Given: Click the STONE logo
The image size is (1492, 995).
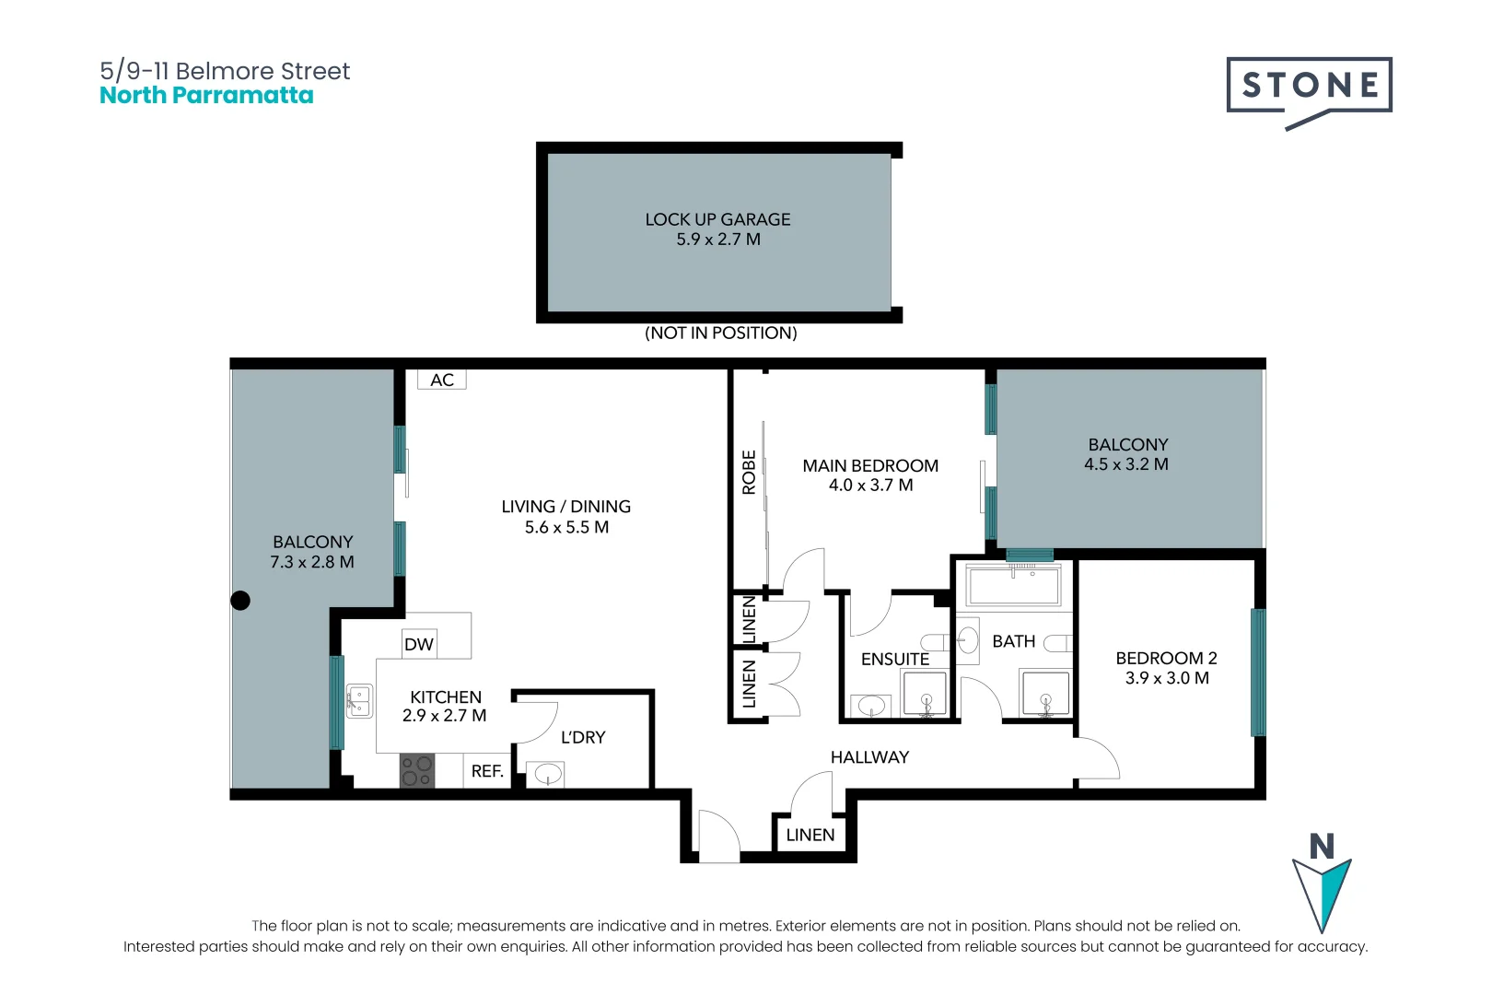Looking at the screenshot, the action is point(1309,93).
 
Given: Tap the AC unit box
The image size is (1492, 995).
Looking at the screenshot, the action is point(441,380).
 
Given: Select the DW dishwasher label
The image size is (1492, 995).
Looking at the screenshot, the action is point(419,644).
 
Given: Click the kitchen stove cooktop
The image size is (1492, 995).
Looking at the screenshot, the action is point(417,771).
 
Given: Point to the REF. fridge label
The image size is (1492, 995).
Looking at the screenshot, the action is point(487,771).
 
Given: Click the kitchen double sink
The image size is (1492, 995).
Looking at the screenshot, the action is point(359,701).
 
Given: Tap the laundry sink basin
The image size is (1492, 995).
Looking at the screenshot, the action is point(546,775).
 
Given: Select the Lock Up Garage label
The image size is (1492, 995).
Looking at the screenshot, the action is point(718,219).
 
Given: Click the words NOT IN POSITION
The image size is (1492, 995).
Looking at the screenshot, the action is point(721,333).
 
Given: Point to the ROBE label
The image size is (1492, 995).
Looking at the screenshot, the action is point(749,472).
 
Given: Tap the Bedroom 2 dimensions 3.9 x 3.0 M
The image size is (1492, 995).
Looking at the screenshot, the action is point(1167,678).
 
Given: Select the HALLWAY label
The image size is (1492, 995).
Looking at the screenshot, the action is point(870,757).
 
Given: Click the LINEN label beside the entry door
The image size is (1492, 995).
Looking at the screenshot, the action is point(810,835).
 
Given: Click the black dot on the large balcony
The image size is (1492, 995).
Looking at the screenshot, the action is point(240,601).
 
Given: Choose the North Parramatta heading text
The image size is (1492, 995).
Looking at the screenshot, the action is point(206,95).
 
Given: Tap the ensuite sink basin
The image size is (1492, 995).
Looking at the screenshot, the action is point(871,705).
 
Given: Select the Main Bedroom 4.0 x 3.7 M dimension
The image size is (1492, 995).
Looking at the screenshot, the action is point(870,485).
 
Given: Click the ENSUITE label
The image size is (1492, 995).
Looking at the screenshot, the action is point(895,659).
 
